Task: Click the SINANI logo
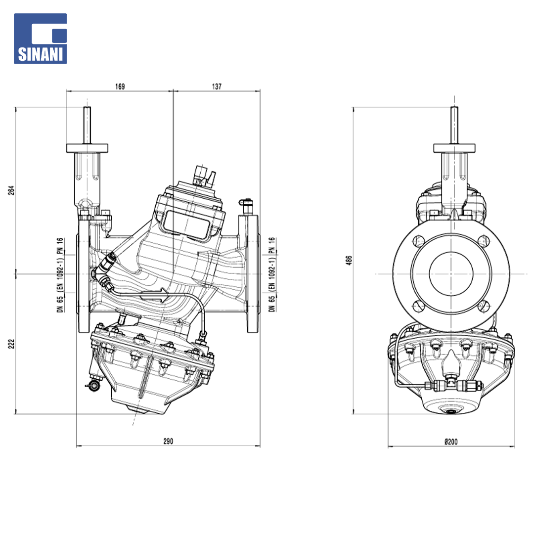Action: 40,39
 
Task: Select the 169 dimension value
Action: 120,87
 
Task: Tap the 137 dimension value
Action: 217,87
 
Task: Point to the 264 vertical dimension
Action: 11,190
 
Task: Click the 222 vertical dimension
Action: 11,344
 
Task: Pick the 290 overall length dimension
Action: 168,442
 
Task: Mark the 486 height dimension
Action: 349,261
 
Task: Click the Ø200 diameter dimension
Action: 451,442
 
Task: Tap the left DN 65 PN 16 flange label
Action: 60,275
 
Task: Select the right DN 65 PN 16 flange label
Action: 272,274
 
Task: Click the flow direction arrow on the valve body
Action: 154,295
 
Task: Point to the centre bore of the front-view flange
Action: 451,274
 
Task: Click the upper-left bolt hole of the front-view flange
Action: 419,241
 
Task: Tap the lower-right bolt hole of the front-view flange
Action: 484,307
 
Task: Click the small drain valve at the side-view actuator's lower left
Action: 92,386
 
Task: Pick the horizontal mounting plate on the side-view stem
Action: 87,148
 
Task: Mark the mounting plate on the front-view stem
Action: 454,148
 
